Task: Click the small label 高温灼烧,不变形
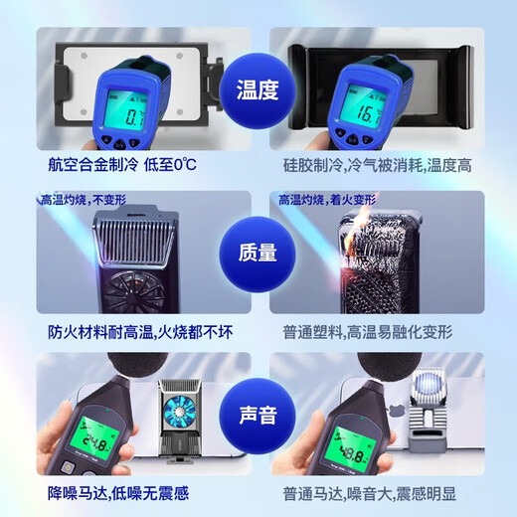(79, 200)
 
